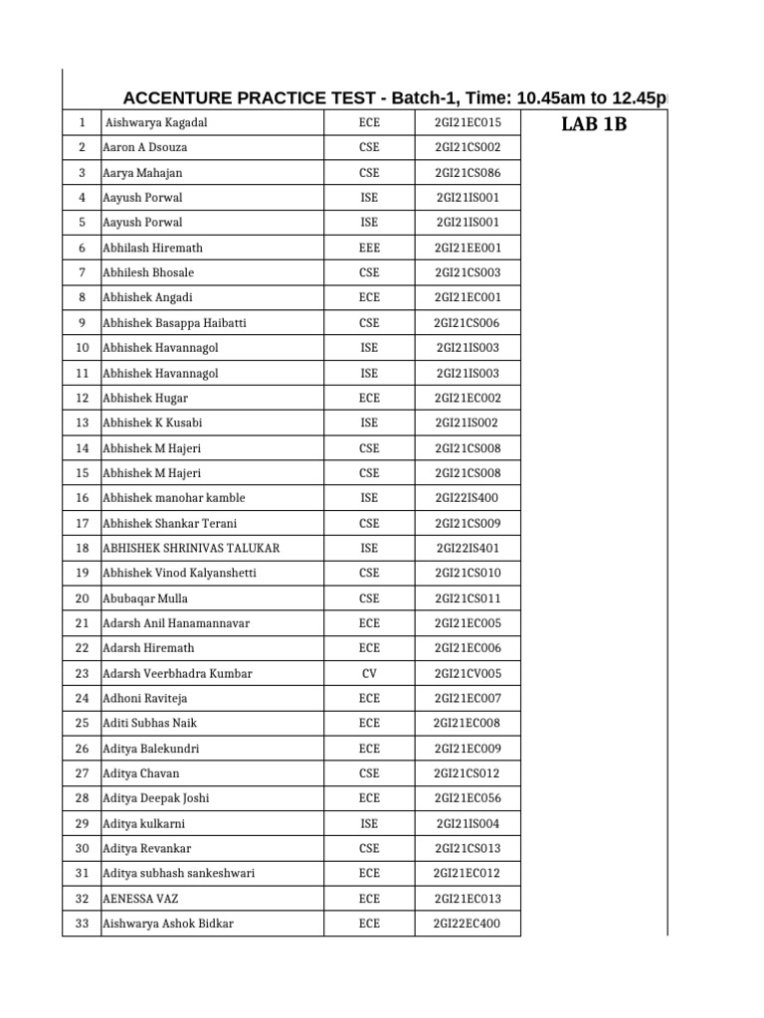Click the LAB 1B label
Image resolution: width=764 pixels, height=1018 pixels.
(595, 125)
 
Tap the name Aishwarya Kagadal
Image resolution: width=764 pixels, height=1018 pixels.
(156, 123)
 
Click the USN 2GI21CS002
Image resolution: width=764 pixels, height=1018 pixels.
(468, 147)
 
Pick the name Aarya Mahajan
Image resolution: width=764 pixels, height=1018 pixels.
(142, 173)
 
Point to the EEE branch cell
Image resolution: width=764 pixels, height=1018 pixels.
(369, 249)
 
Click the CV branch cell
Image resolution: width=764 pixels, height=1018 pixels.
(369, 674)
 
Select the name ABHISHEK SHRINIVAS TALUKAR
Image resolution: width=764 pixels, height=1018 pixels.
(191, 549)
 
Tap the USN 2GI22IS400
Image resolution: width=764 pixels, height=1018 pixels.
(468, 498)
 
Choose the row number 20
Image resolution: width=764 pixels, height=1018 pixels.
(82, 598)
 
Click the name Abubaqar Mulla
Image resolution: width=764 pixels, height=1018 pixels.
(145, 598)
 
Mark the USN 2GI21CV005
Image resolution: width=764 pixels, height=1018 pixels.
(468, 674)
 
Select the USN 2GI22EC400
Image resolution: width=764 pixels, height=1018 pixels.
(468, 924)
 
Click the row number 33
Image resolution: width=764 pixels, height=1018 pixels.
(82, 924)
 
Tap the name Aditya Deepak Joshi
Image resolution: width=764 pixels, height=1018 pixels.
(156, 798)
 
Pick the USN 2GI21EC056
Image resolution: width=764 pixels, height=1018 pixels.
(468, 798)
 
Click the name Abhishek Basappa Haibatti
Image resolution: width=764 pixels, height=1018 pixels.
(175, 323)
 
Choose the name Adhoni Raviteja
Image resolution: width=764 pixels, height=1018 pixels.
(145, 699)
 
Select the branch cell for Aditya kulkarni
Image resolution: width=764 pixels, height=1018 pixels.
(369, 824)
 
